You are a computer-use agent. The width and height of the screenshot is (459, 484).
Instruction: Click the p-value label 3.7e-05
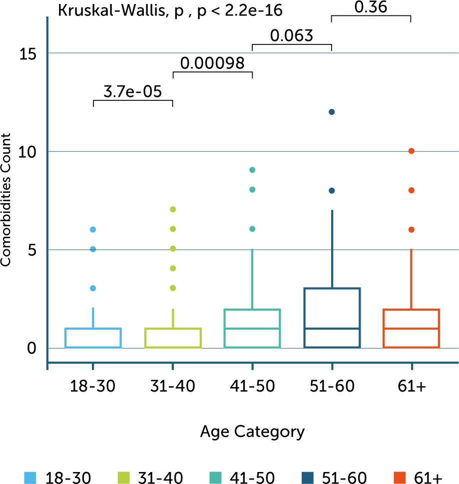(132, 92)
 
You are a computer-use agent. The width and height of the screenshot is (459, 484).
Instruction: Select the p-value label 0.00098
(212, 63)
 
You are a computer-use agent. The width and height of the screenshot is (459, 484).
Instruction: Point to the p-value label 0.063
(292, 35)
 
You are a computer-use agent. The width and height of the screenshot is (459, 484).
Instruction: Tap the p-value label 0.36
(371, 7)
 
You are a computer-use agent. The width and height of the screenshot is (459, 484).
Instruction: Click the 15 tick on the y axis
(31, 53)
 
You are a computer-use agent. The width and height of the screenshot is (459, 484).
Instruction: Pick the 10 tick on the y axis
(31, 151)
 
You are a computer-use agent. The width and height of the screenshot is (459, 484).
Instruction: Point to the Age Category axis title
(252, 431)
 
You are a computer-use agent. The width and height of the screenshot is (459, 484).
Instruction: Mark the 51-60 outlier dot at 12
(332, 112)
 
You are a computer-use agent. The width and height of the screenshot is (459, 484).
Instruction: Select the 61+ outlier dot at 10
(411, 151)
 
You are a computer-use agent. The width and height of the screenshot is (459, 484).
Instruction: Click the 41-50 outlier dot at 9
(252, 170)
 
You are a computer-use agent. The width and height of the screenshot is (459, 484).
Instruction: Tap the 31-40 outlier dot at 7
(173, 209)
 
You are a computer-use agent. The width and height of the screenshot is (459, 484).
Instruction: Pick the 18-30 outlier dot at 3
(93, 288)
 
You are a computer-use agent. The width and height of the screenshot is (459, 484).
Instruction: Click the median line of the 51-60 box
(332, 328)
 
